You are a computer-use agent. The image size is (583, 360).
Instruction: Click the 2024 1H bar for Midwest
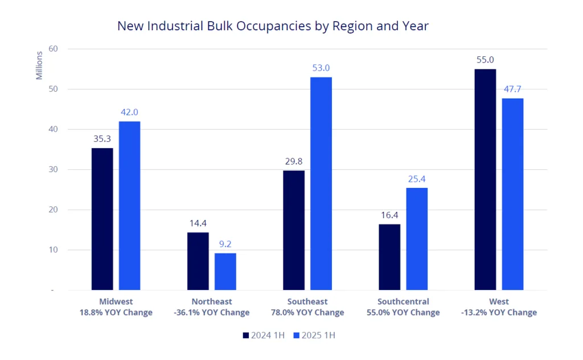(102, 219)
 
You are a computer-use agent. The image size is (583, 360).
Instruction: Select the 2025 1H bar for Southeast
(321, 183)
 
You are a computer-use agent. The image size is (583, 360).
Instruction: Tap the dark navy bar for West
(485, 179)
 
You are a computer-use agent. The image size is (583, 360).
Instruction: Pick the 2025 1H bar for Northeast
(225, 272)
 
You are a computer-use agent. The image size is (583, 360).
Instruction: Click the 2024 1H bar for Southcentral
(389, 257)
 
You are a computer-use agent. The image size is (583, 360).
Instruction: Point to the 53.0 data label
(321, 68)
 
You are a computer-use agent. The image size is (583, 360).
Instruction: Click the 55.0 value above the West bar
(485, 60)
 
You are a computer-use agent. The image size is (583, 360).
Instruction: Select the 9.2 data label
(225, 244)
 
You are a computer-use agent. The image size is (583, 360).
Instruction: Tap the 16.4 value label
(389, 215)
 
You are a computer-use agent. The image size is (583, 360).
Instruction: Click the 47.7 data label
(512, 89)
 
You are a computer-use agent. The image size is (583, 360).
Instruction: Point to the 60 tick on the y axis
(54, 49)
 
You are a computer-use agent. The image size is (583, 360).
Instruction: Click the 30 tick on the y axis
(54, 170)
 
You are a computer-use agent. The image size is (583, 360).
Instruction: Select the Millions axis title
(39, 66)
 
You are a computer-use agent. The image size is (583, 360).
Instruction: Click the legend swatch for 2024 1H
(246, 336)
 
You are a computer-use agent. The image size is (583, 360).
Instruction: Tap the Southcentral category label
(403, 301)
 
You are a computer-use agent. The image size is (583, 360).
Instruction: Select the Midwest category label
(117, 301)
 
